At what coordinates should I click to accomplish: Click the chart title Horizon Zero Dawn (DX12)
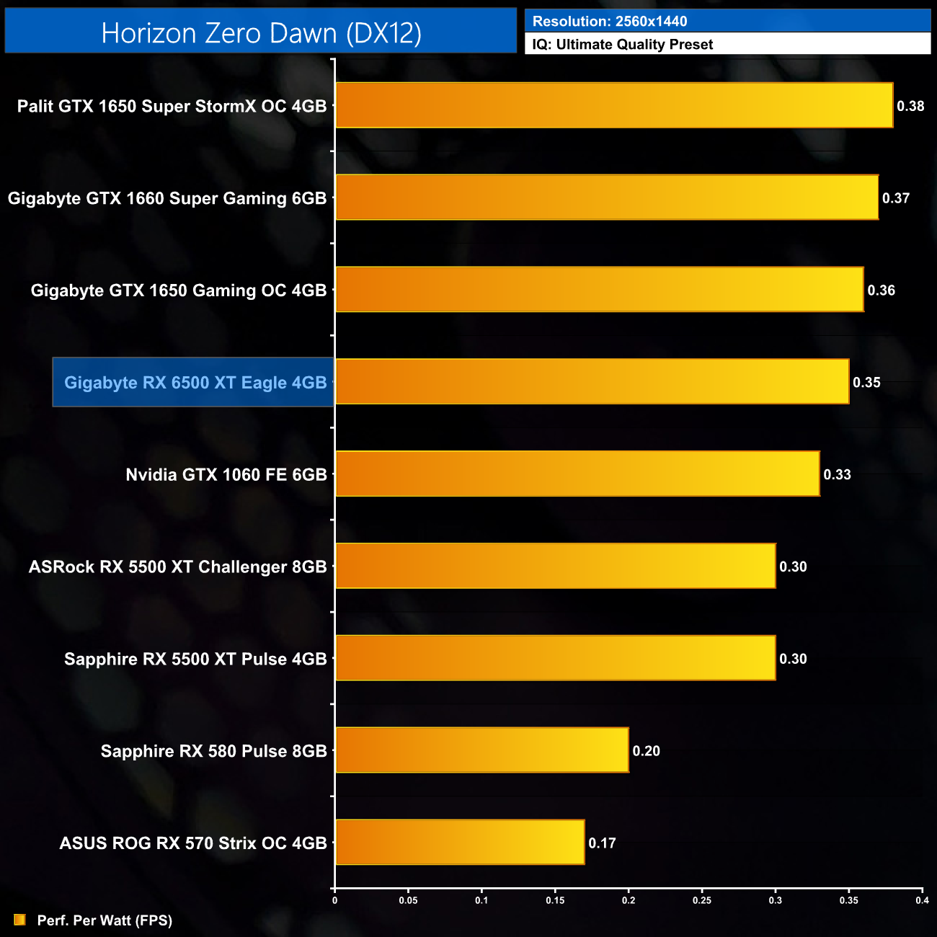261,32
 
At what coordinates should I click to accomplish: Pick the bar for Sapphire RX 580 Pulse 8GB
482,750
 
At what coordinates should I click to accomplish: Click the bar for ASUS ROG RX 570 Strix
460,842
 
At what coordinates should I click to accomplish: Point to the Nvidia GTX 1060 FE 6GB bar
577,474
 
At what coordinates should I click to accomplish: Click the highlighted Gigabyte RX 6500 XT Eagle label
195,382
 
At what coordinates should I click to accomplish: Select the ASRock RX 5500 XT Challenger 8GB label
178,567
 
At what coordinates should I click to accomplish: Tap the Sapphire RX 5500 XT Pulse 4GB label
195,659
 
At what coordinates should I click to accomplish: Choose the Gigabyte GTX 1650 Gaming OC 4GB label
179,290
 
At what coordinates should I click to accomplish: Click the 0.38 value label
910,106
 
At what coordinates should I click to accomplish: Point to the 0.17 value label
602,843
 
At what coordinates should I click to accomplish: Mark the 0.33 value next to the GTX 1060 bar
837,474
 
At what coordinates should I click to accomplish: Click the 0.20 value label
646,750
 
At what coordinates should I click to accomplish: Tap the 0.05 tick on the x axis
408,900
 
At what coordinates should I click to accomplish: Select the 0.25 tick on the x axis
702,900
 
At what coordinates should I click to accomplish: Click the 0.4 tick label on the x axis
922,900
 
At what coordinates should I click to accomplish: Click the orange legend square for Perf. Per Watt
19,920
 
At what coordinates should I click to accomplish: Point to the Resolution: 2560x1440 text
610,22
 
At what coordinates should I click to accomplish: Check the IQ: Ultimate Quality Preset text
623,45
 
